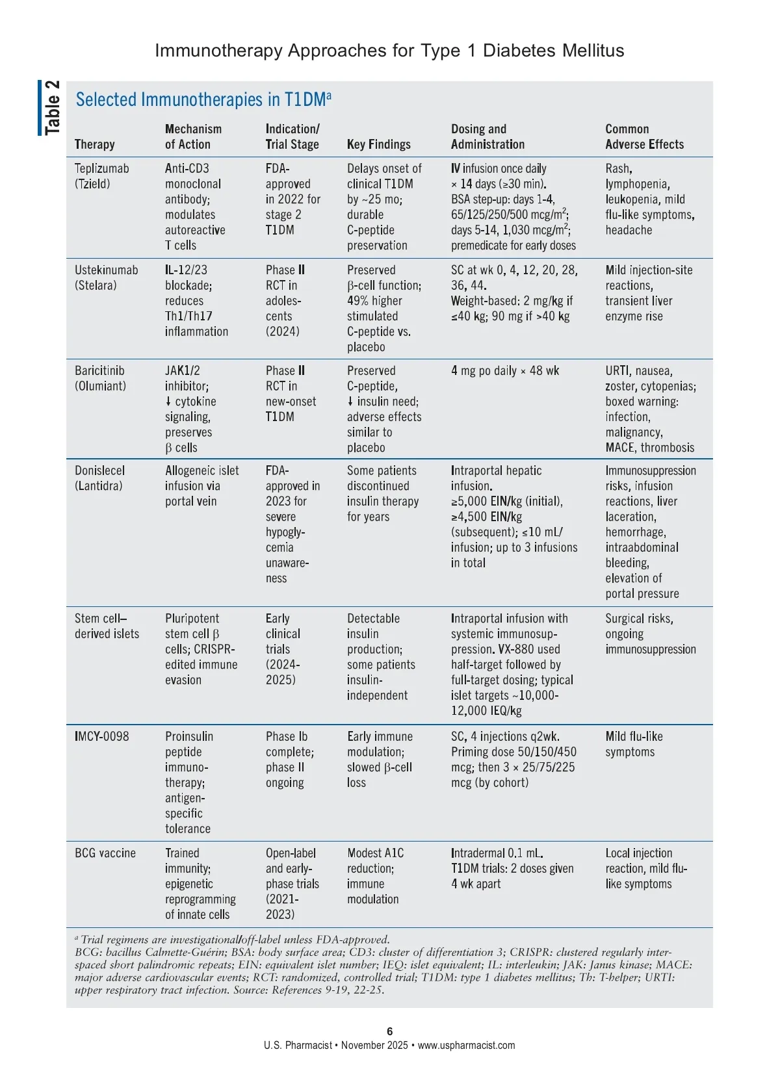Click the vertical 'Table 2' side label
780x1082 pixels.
[51, 108]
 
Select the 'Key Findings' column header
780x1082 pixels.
[378, 144]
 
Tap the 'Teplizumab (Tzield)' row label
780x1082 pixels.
[101, 176]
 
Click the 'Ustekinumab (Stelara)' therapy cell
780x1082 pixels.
[106, 277]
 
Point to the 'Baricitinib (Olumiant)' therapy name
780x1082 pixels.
[100, 378]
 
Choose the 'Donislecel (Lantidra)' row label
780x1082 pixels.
[99, 478]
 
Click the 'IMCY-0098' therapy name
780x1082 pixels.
[101, 736]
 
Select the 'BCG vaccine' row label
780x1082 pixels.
[105, 853]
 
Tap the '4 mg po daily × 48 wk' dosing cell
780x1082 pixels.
[505, 371]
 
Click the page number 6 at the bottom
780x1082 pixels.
[389, 1031]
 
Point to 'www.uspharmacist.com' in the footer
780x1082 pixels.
[466, 1046]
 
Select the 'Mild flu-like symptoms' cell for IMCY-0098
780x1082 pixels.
[634, 744]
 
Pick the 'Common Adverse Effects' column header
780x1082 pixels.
[644, 136]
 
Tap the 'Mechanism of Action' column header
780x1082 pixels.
[193, 136]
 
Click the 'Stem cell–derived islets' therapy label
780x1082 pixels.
[107, 626]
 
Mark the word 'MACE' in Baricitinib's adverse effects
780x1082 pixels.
[619, 448]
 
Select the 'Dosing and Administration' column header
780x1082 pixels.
[487, 136]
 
